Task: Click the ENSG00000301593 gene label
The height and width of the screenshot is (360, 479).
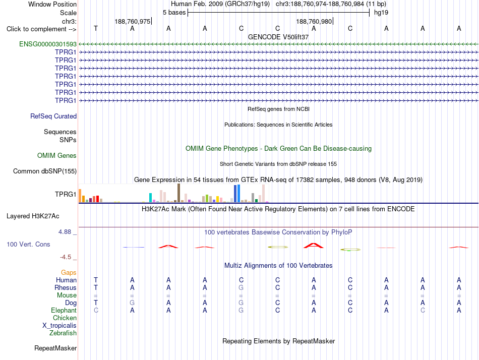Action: click(x=48, y=44)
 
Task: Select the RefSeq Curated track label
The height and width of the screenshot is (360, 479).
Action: click(x=53, y=116)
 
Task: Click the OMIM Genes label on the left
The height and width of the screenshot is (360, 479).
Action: click(x=57, y=156)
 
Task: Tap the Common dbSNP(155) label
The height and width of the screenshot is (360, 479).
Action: click(x=45, y=171)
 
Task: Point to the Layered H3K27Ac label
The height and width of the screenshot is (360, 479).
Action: click(x=33, y=216)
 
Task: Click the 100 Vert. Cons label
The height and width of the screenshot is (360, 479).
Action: click(x=28, y=244)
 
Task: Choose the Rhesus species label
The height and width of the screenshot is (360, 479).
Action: click(x=66, y=287)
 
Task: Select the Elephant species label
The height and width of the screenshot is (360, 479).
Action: click(x=64, y=311)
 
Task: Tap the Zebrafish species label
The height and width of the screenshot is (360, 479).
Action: click(x=63, y=333)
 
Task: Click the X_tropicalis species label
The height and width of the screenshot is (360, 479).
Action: click(x=59, y=326)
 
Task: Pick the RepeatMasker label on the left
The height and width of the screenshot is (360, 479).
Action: click(x=55, y=348)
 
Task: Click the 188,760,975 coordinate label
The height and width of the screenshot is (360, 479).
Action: click(x=133, y=21)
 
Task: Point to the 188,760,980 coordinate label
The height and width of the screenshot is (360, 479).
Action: click(x=314, y=21)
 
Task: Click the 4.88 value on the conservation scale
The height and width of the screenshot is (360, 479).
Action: click(x=65, y=232)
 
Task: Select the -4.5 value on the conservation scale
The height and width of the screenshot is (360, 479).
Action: click(x=66, y=257)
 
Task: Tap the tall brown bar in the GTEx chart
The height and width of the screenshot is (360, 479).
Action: click(x=178, y=193)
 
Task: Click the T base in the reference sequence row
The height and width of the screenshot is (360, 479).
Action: click(x=96, y=28)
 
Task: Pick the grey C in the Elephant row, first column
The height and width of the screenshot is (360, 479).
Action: click(x=96, y=311)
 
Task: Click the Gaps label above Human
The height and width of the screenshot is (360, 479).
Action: click(x=69, y=273)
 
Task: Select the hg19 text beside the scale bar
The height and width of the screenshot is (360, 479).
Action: click(x=381, y=13)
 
